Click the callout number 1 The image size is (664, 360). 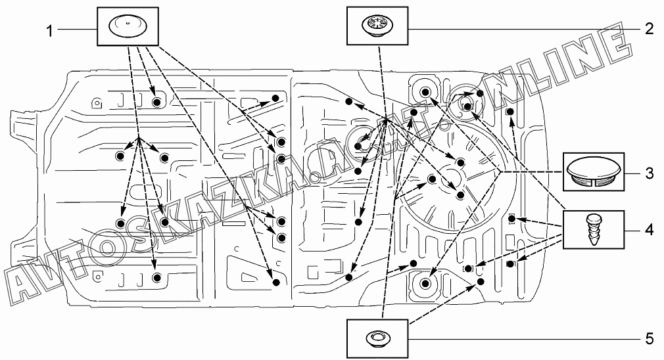[49, 29]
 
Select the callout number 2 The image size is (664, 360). [649, 28]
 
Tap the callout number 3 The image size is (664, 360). [649, 173]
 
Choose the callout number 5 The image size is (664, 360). [649, 339]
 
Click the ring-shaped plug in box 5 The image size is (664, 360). [377, 338]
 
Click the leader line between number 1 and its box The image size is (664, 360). [76, 28]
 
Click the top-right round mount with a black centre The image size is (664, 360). [425, 92]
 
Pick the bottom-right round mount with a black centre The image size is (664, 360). [425, 283]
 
